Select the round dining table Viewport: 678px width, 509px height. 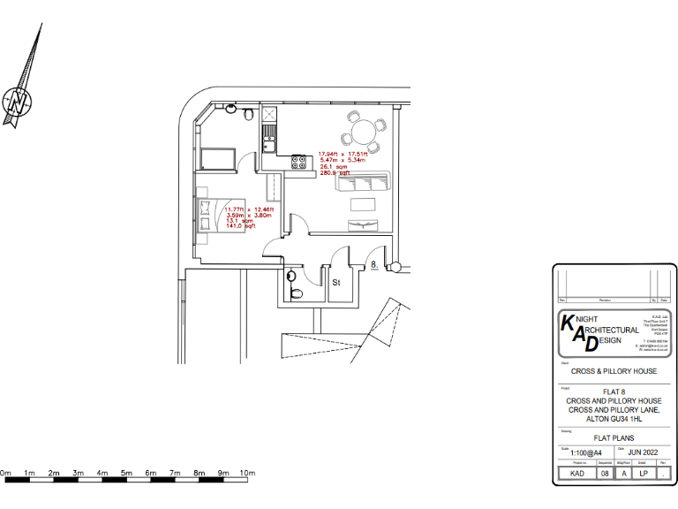pyautogui.click(x=363, y=133)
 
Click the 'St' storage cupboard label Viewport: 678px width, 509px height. pyautogui.click(x=336, y=284)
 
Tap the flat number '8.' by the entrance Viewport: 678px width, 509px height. pyautogui.click(x=375, y=264)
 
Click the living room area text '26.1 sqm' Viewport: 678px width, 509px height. pyautogui.click(x=331, y=167)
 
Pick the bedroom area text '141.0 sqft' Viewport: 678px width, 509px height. pyautogui.click(x=241, y=227)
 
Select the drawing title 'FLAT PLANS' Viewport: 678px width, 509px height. pyautogui.click(x=614, y=437)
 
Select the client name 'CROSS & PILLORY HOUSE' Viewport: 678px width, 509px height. pyautogui.click(x=614, y=371)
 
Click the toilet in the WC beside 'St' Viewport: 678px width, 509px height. pyautogui.click(x=295, y=292)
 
